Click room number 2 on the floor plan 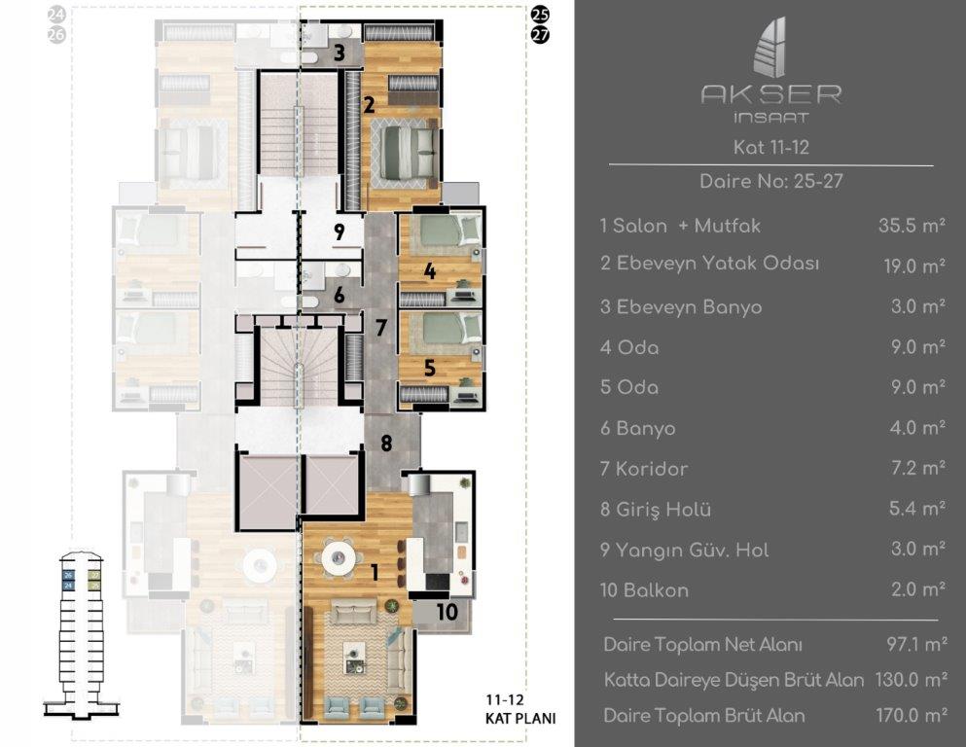pyautogui.click(x=369, y=104)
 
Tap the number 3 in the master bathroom pyautogui.click(x=339, y=53)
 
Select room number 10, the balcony pyautogui.click(x=447, y=611)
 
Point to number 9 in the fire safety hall pyautogui.click(x=339, y=231)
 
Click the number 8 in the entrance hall pyautogui.click(x=386, y=443)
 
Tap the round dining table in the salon pyautogui.click(x=339, y=558)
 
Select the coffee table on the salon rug pyautogui.click(x=354, y=657)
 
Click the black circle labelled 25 pyautogui.click(x=540, y=15)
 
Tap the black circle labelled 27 pyautogui.click(x=540, y=34)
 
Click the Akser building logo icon pyautogui.click(x=770, y=48)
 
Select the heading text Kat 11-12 pyautogui.click(x=770, y=147)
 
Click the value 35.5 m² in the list pyautogui.click(x=912, y=226)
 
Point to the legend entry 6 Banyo pyautogui.click(x=637, y=428)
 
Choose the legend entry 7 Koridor pyautogui.click(x=644, y=469)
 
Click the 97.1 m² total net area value pyautogui.click(x=916, y=644)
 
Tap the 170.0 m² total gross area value pyautogui.click(x=912, y=715)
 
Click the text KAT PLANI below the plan pyautogui.click(x=520, y=718)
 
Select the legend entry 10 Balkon pyautogui.click(x=644, y=590)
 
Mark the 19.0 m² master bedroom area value pyautogui.click(x=914, y=267)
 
